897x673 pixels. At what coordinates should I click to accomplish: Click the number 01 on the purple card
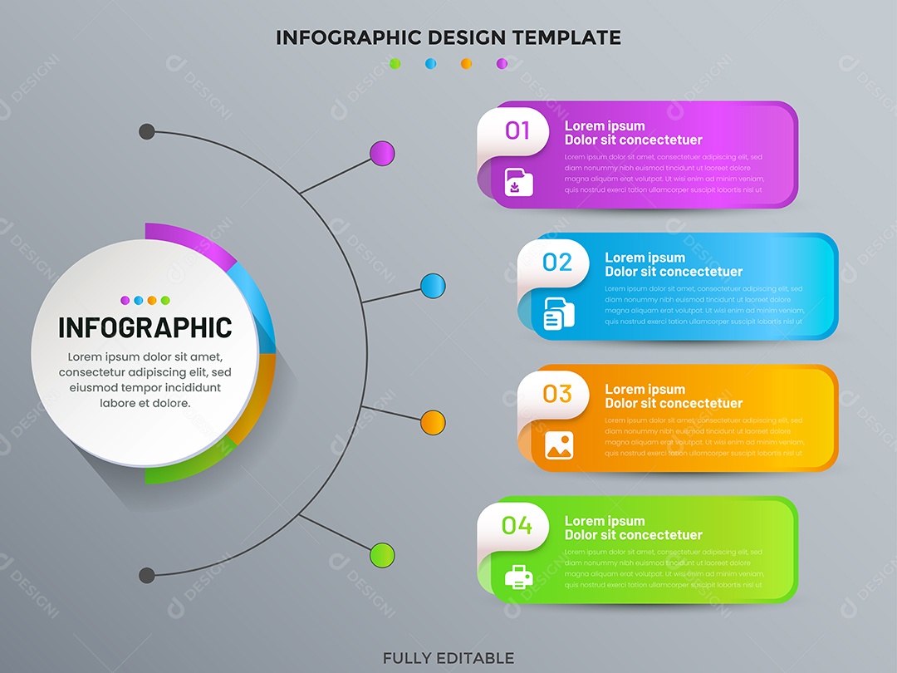pos(517,130)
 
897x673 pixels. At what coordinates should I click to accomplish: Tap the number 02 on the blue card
pos(557,263)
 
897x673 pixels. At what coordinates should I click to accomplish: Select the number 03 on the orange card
pos(557,393)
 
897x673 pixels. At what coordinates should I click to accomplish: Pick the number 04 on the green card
pos(517,525)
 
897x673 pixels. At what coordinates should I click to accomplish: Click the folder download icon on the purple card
pos(518,182)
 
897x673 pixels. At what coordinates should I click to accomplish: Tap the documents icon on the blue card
pos(559,315)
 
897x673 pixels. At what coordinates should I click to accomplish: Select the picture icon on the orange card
pos(559,446)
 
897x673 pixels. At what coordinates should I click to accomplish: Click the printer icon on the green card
pos(518,577)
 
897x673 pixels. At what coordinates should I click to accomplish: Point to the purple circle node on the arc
pos(382,154)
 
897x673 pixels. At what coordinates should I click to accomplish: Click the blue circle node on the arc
pos(433,287)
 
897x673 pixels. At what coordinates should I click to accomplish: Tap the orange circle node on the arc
pos(433,422)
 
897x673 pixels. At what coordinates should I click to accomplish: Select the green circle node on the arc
pos(382,554)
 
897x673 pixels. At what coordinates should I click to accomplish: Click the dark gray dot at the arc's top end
pos(147,131)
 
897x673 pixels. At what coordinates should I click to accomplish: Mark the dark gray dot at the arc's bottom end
pos(147,575)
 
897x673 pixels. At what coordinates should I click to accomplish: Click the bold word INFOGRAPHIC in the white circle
pos(145,327)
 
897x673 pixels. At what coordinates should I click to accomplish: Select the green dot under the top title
pos(395,63)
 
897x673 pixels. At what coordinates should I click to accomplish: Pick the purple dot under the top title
pos(502,63)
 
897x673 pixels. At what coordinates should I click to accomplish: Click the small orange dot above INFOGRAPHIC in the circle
pos(152,301)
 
